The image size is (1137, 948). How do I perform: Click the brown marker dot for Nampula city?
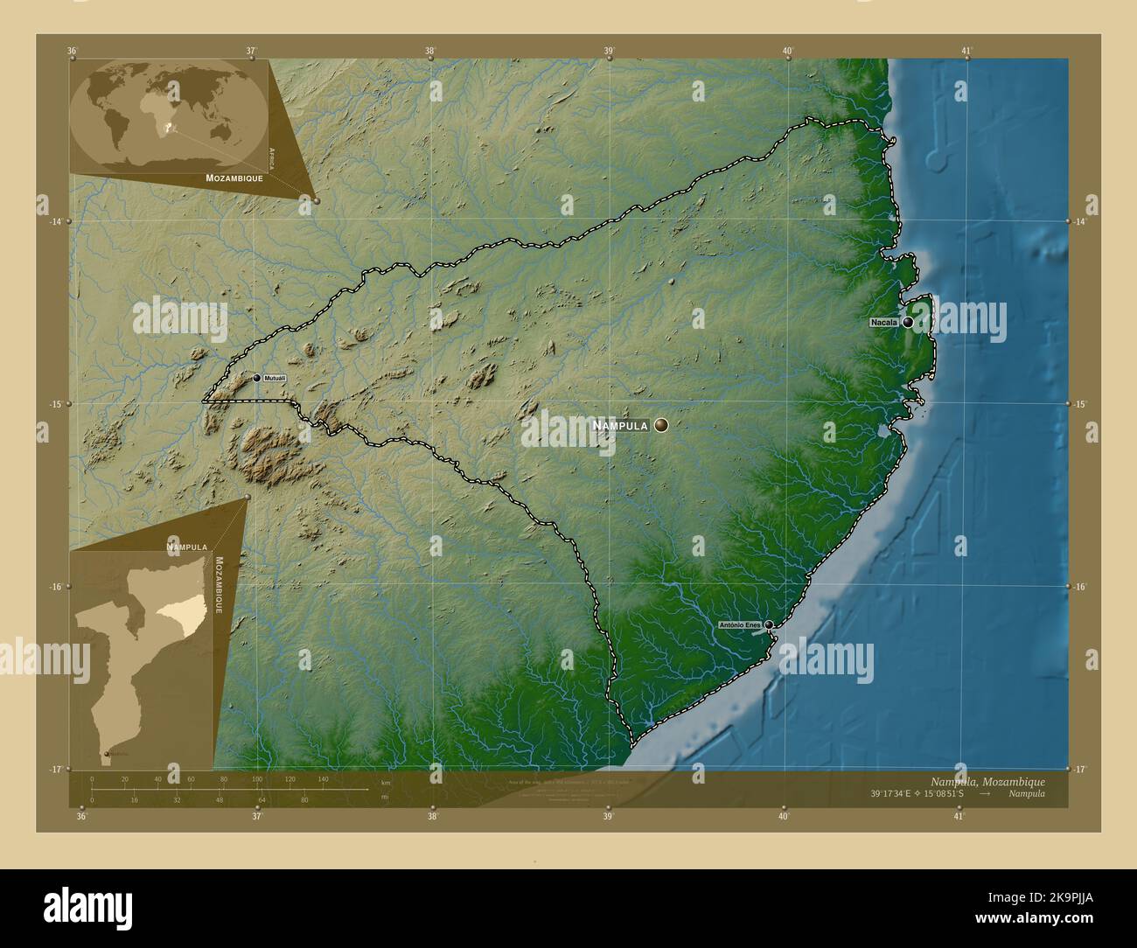[x=661, y=425]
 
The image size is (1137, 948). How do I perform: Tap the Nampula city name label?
[x=620, y=426]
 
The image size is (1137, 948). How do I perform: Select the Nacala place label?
[x=883, y=323]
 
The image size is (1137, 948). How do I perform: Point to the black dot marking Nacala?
[x=908, y=322]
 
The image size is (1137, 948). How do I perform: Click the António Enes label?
[x=739, y=625]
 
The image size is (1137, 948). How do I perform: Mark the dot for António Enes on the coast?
[x=769, y=624]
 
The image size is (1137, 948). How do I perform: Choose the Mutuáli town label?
[x=275, y=378]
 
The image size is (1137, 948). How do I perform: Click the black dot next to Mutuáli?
[x=257, y=378]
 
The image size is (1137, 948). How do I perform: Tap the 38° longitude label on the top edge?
[x=430, y=51]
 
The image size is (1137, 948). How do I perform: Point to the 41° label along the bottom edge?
[x=959, y=817]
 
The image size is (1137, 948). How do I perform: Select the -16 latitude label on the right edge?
[x=1081, y=587]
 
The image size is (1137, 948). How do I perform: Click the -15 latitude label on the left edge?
[x=55, y=404]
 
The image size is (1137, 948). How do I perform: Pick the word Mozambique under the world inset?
[x=234, y=178]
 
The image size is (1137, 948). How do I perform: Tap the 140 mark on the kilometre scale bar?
[x=323, y=778]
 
